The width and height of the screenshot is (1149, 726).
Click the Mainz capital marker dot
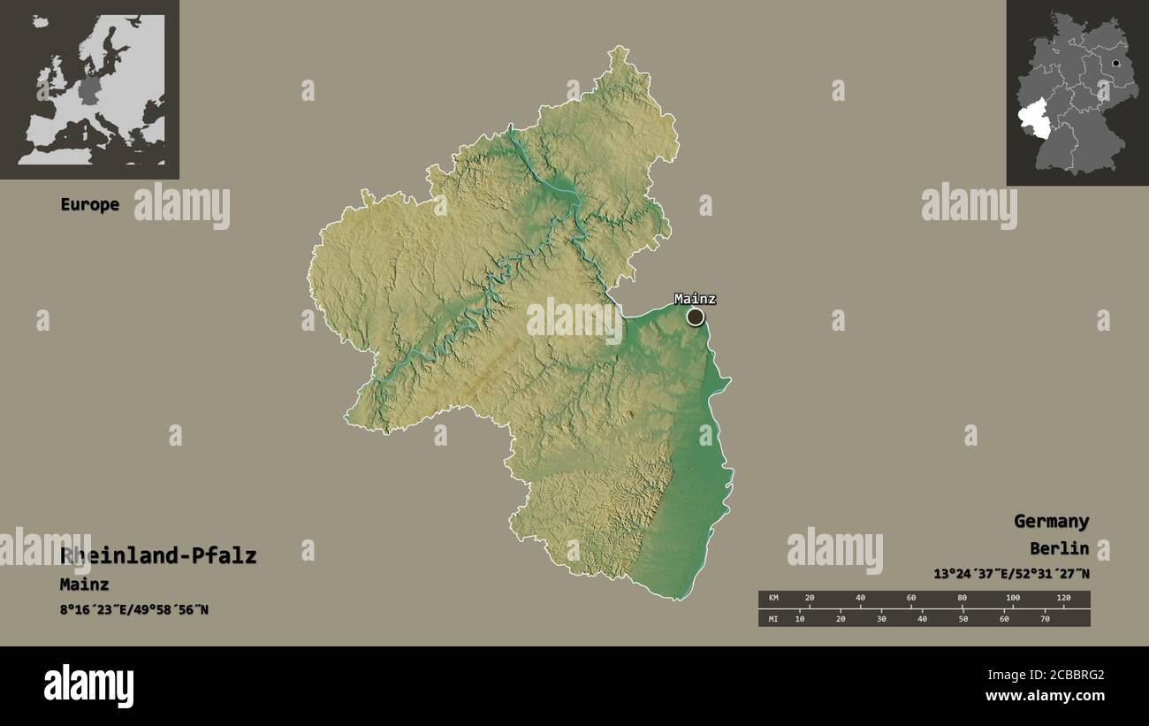696,317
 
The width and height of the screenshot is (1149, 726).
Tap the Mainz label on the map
695,299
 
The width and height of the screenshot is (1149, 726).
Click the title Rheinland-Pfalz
158,555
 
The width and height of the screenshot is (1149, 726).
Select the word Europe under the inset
89,204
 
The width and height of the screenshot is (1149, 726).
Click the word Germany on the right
1051,521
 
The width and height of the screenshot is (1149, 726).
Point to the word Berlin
1059,548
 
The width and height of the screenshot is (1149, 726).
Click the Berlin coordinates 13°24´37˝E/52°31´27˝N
1011,574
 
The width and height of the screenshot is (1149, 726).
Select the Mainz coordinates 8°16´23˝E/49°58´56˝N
134,609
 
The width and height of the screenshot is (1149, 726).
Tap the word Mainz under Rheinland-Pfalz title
84,584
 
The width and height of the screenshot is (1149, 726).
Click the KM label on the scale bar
772,599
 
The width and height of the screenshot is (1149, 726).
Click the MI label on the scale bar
772,618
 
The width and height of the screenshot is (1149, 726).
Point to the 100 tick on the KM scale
1013,599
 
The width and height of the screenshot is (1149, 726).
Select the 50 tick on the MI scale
963,618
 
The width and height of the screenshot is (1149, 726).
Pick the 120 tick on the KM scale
1063,599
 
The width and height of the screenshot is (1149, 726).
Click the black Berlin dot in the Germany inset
1116,64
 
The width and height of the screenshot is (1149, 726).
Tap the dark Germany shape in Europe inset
89,89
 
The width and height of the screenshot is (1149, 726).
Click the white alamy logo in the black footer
88,686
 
